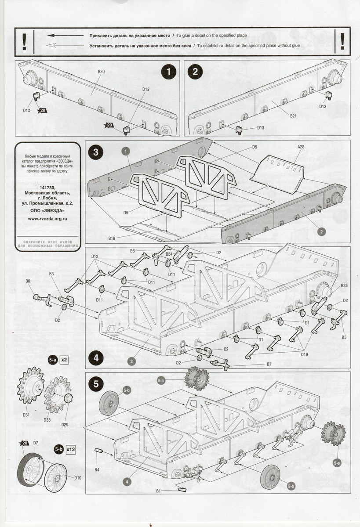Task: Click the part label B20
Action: point(101,71)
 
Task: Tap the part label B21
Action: point(294,116)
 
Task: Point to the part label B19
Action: point(112,238)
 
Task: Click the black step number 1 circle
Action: point(168,71)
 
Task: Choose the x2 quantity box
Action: point(64,360)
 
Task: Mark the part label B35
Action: point(344,285)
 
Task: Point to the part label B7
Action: point(269,364)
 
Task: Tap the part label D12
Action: point(95,256)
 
